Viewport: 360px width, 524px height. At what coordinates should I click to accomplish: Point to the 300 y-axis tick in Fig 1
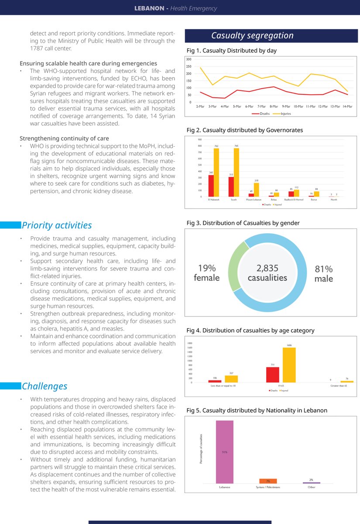tap(189, 59)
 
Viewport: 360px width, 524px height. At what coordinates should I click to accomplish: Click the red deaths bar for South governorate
tap(231, 186)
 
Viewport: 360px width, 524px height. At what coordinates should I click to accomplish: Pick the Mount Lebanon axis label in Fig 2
tap(254, 200)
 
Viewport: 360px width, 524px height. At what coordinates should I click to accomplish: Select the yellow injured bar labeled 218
tap(256, 190)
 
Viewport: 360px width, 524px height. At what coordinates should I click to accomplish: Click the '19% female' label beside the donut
tap(206, 273)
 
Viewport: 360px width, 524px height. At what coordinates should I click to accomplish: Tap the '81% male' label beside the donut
tap(324, 274)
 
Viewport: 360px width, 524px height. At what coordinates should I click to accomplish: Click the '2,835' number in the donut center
tap(267, 268)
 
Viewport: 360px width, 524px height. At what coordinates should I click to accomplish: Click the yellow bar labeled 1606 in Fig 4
tap(289, 365)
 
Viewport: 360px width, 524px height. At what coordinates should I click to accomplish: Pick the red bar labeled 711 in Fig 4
tap(273, 375)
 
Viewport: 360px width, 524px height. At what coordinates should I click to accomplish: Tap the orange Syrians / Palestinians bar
tap(268, 481)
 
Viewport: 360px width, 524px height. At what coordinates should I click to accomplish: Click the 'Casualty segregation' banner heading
tap(252, 36)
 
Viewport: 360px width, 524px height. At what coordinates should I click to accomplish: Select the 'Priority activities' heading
tap(57, 225)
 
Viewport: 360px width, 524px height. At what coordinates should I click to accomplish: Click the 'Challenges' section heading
tap(45, 386)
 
